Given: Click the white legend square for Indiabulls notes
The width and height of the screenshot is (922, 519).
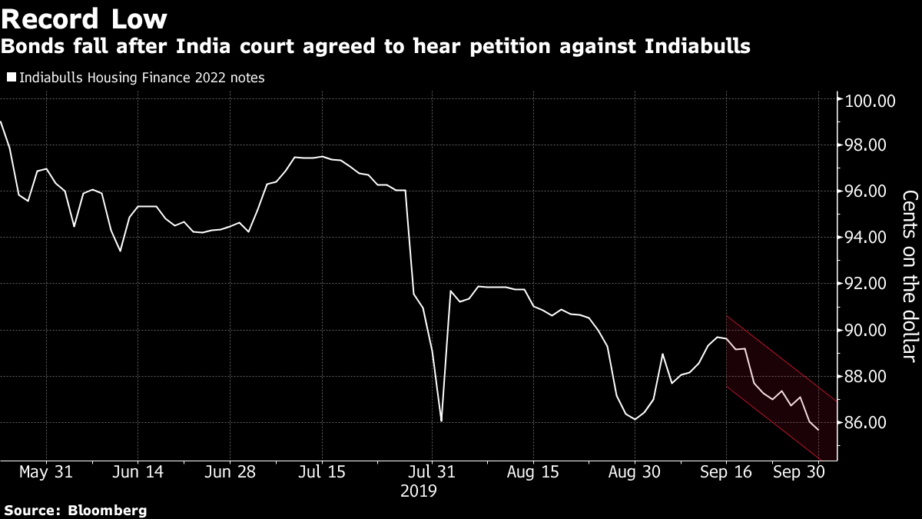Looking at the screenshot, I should [x=11, y=78].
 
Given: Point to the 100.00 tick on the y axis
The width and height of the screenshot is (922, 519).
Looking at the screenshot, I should [x=871, y=101].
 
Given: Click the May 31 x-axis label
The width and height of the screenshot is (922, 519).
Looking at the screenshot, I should [x=46, y=471].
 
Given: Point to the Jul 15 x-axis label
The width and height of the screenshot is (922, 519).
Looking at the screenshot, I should [x=321, y=471].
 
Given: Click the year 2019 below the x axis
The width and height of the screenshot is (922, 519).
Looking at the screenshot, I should [x=419, y=490].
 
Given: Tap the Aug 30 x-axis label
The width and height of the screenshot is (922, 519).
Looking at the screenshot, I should [x=635, y=471].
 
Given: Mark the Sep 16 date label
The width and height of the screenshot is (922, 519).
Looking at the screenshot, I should [x=726, y=471].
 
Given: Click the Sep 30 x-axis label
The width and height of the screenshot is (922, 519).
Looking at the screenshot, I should [x=799, y=471].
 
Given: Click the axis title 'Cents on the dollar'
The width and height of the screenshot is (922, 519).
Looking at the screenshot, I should [x=909, y=276].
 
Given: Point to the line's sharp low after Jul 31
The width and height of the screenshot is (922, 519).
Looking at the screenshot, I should [x=442, y=421].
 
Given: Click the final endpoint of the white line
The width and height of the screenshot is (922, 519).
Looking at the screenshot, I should [x=817, y=430].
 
